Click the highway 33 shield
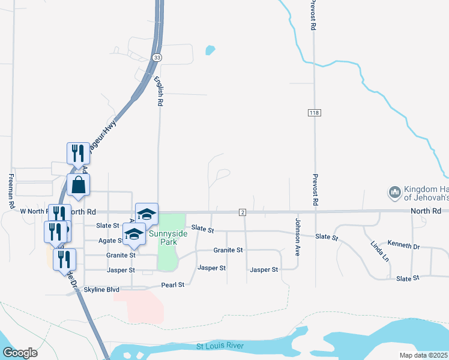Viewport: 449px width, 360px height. pos(157,58)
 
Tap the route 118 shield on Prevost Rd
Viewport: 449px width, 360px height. pos(314,113)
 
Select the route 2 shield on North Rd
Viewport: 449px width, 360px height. pos(243,212)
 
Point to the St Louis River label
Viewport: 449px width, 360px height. pos(220,347)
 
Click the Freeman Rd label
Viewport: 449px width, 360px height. pos(11,191)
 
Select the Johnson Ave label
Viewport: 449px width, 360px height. pos(297,237)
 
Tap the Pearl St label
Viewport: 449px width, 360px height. pos(172,284)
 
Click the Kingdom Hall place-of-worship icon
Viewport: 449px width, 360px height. pos(394,192)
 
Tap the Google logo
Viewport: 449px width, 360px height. pos(19,353)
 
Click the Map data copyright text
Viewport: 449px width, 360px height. pos(424,355)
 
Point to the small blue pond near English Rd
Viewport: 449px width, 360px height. pos(209,50)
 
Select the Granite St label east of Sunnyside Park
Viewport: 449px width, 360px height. pos(228,250)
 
